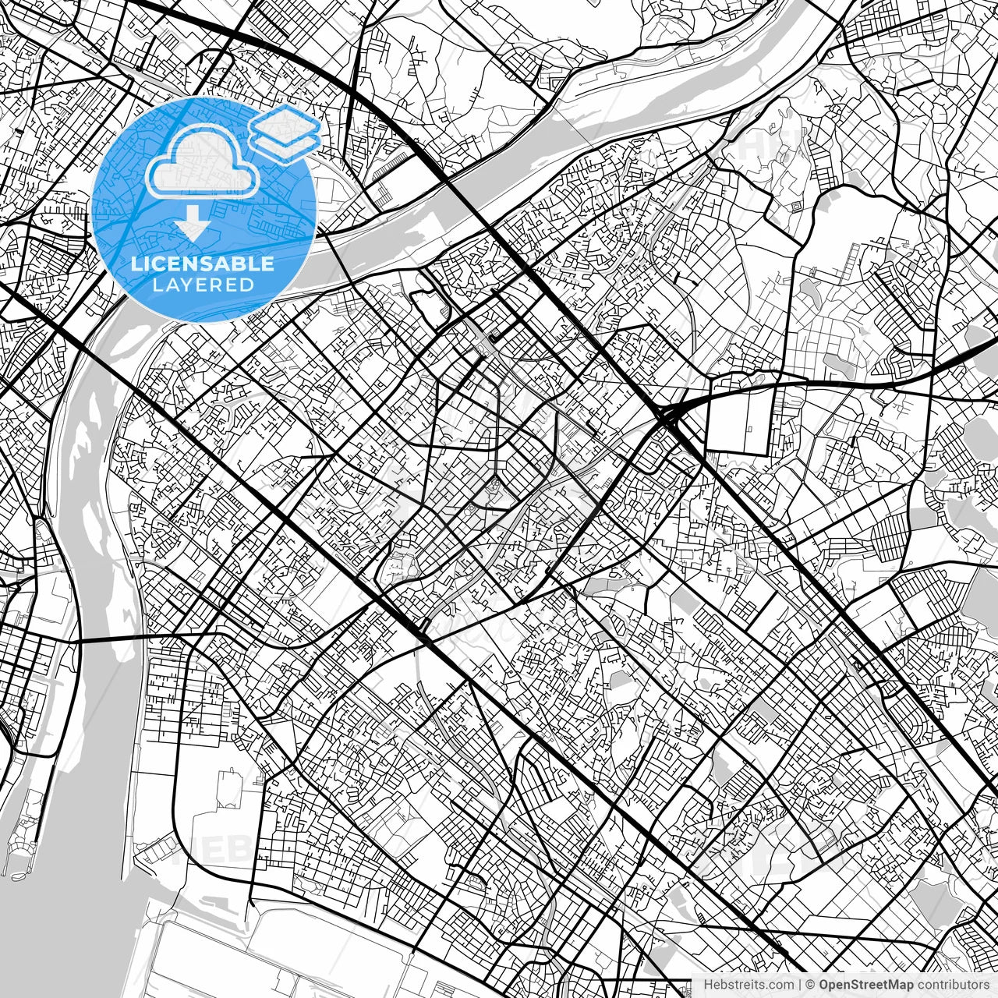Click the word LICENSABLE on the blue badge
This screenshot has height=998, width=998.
[x=203, y=264]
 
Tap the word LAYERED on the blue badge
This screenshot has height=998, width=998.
[x=203, y=285]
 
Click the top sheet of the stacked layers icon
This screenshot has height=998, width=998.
[x=285, y=122]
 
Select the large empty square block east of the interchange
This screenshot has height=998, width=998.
[x=738, y=421]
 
